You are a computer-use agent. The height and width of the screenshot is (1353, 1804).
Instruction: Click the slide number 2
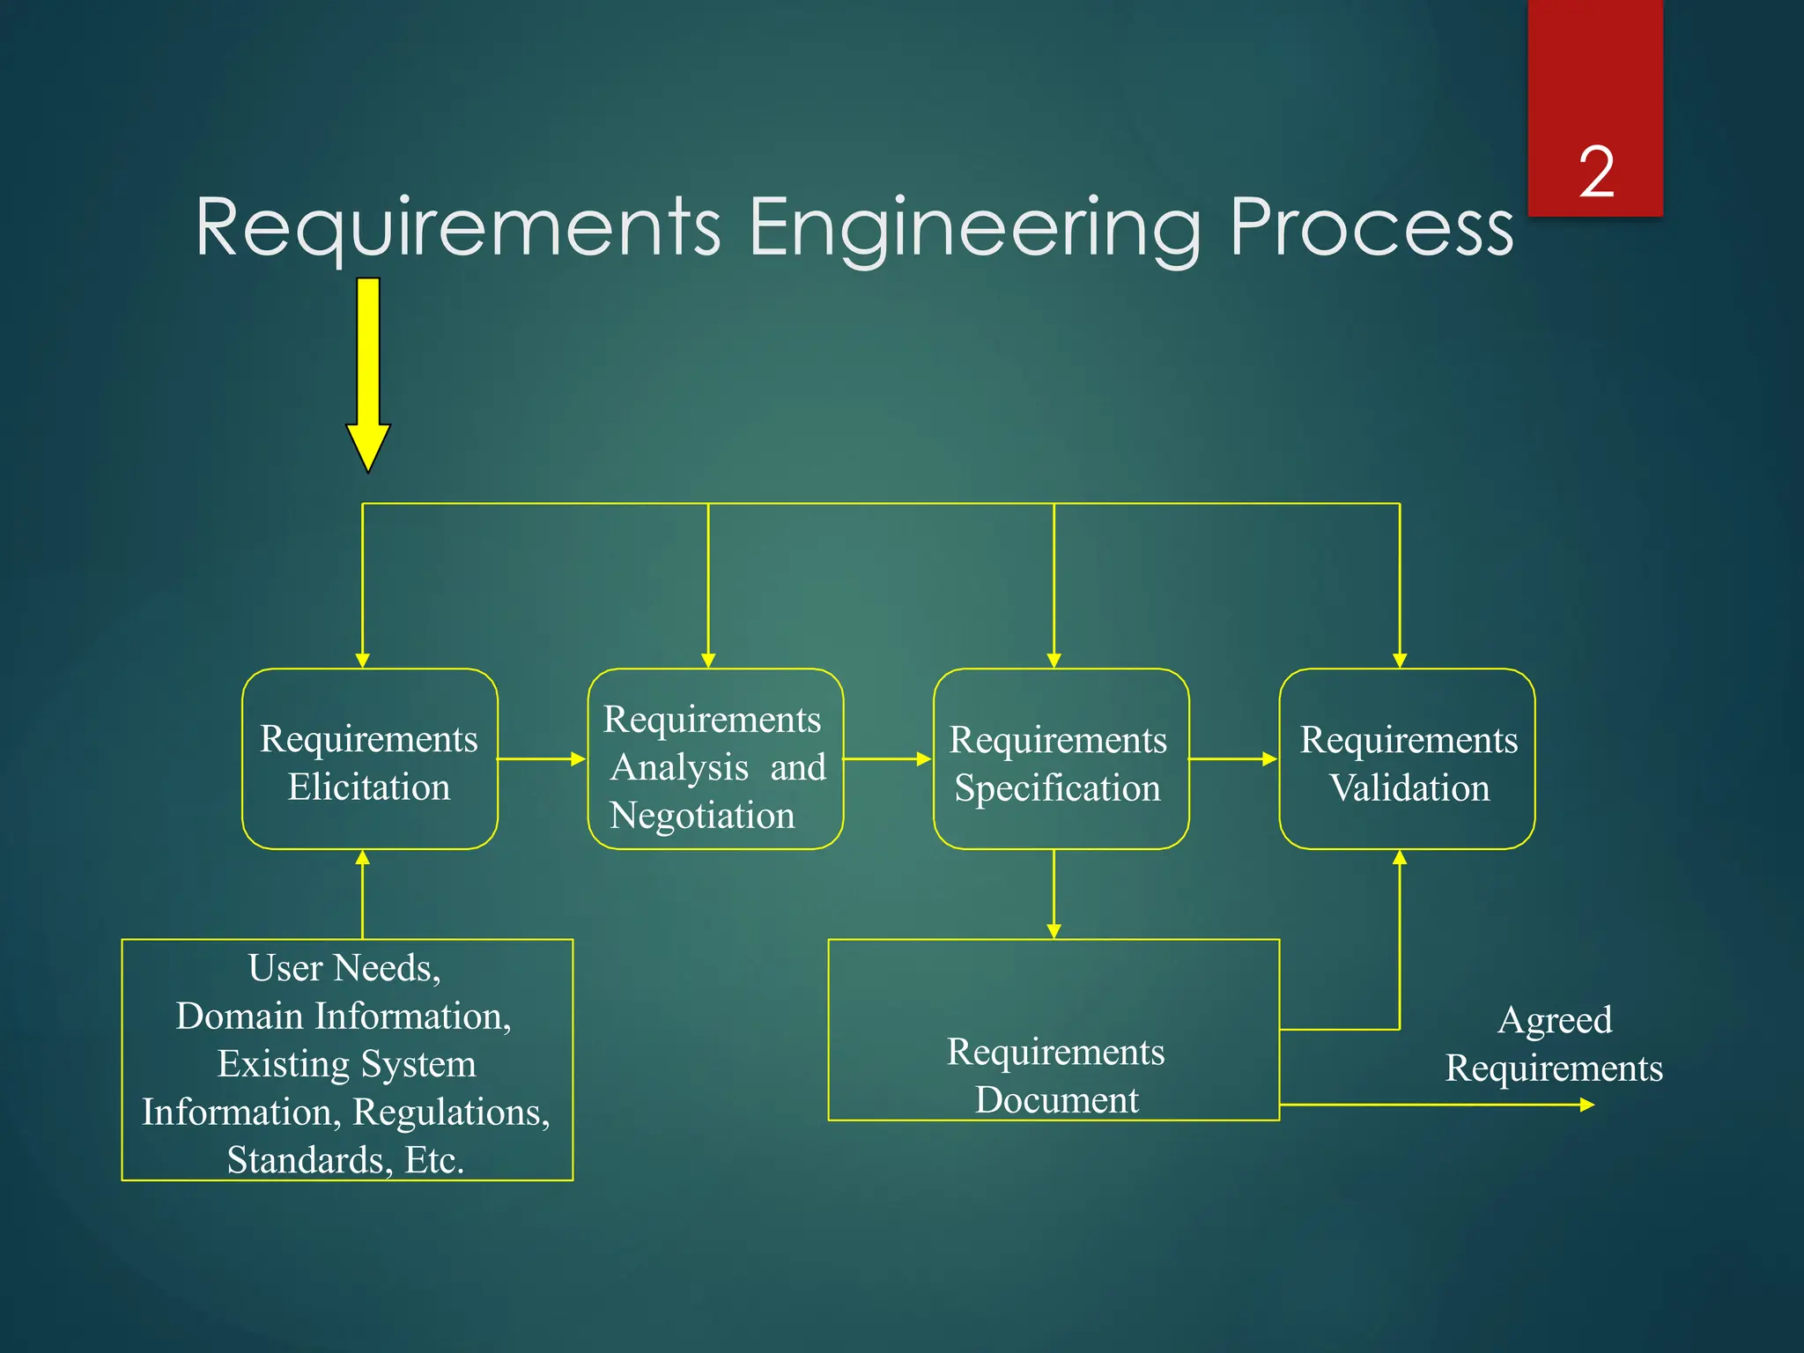tap(1595, 172)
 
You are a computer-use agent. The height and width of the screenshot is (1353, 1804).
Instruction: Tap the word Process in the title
tap(1371, 228)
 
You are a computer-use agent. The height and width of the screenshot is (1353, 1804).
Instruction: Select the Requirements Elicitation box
tap(369, 759)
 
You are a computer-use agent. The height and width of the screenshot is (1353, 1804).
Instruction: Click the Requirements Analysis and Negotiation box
tap(715, 759)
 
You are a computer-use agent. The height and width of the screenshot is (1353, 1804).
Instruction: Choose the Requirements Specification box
tap(1061, 759)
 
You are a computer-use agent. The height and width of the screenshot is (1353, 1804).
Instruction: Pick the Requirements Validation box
tap(1407, 759)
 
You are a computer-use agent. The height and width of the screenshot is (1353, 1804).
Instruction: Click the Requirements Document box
tap(1054, 1030)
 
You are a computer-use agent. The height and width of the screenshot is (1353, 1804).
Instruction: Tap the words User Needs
tap(344, 968)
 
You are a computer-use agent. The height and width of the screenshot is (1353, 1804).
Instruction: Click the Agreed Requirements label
tap(1554, 1044)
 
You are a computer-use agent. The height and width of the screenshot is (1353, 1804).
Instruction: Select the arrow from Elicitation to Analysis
tap(542, 758)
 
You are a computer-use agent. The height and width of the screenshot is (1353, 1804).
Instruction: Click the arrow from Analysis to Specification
tap(887, 758)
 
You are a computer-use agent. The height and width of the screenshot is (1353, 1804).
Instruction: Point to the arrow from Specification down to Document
tap(1054, 893)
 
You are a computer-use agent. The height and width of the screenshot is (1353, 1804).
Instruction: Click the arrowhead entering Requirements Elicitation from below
tap(362, 858)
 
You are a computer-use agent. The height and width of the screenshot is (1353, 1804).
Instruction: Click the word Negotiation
tap(702, 816)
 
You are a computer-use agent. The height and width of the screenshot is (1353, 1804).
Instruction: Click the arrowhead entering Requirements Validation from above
tap(1400, 660)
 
